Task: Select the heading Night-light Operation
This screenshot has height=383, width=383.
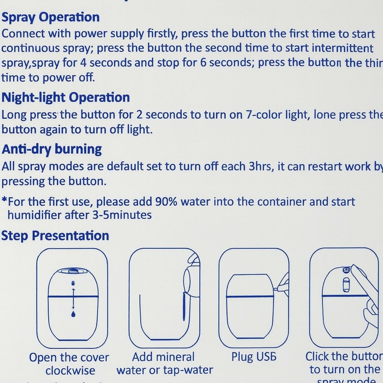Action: click(x=66, y=98)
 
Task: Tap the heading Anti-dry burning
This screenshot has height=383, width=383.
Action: click(x=52, y=149)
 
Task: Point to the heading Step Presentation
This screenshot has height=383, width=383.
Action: click(x=55, y=235)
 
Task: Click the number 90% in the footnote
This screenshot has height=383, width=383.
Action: click(x=166, y=202)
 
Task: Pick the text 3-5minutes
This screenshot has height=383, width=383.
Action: click(x=122, y=215)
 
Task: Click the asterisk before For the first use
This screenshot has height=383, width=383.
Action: click(x=4, y=200)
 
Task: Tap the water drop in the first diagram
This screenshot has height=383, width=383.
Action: click(x=73, y=314)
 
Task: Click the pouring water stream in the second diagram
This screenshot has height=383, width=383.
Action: click(x=184, y=306)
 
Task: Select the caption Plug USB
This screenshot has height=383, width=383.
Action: click(x=254, y=357)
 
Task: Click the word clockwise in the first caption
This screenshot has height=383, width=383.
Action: click(x=70, y=371)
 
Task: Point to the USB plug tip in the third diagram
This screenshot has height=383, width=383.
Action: click(x=276, y=289)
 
